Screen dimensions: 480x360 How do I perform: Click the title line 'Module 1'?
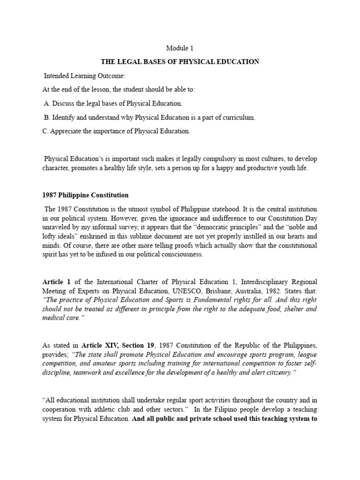point(180,48)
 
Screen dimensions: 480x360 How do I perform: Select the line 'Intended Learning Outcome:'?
point(82,76)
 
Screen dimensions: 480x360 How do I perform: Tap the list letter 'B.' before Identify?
point(47,118)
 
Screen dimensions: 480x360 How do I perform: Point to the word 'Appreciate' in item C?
point(68,131)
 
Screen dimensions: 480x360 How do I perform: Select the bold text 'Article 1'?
point(56,282)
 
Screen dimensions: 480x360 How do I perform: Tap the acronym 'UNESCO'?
point(180,291)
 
